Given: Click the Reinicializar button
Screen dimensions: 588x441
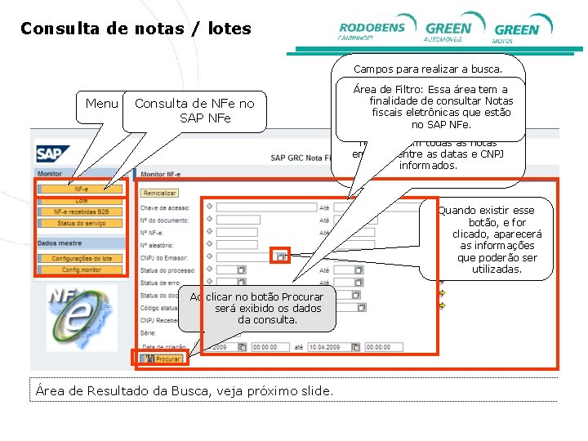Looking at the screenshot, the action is pyautogui.click(x=159, y=194).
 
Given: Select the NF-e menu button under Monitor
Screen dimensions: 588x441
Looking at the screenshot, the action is pyautogui.click(x=81, y=189).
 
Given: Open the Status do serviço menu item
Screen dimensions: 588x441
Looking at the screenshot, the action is pyautogui.click(x=81, y=223).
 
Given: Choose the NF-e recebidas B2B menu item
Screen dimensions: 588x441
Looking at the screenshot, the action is pyautogui.click(x=81, y=212).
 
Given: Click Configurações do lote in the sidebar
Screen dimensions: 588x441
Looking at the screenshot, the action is pyautogui.click(x=81, y=258).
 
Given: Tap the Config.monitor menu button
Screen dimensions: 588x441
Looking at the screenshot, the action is pyautogui.click(x=81, y=269).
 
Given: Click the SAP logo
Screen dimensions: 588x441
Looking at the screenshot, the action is pyautogui.click(x=53, y=153).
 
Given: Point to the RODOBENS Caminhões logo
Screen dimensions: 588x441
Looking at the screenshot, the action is pyautogui.click(x=372, y=29).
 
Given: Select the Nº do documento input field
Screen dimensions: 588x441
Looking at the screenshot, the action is pyautogui.click(x=238, y=220).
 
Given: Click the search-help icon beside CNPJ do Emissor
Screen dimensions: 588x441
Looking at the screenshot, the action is pyautogui.click(x=281, y=256).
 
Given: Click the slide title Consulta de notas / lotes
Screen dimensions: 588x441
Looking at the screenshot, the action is pyautogui.click(x=136, y=29).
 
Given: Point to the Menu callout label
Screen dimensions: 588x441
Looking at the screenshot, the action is pyautogui.click(x=101, y=104).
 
